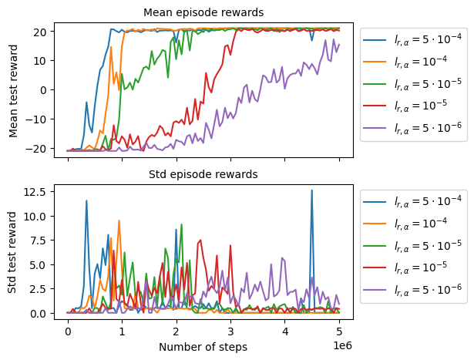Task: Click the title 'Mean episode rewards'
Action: [204, 12]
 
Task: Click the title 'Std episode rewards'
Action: [204, 173]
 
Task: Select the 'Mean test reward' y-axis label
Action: [14, 89]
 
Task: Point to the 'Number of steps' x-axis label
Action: [203, 347]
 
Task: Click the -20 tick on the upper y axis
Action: [39, 147]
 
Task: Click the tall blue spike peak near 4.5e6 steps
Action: [312, 190]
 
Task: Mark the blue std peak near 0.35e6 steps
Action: [86, 200]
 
